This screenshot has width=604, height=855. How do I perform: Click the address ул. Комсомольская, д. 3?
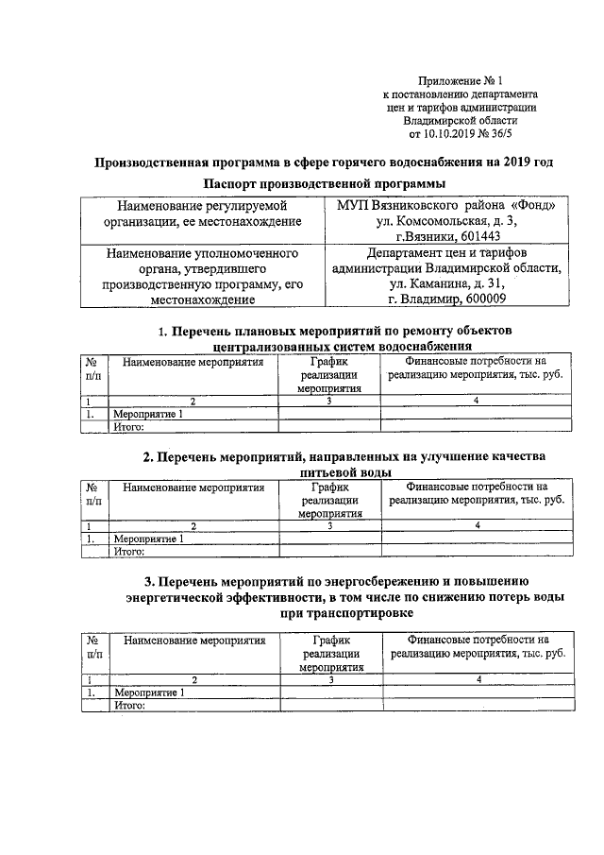(x=446, y=220)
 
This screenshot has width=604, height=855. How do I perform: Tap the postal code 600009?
(x=479, y=299)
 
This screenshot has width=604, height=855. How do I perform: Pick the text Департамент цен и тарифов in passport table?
(x=446, y=253)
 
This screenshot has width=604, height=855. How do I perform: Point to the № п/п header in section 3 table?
(x=94, y=646)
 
